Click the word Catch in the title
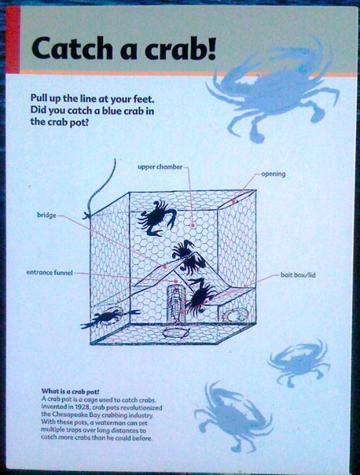click(x=72, y=48)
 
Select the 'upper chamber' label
click(x=160, y=167)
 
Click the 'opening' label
click(x=273, y=174)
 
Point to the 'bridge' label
click(x=46, y=215)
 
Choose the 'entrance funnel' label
click(x=50, y=273)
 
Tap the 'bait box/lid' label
click(x=298, y=275)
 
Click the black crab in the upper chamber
click(x=157, y=217)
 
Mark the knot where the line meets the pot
click(x=87, y=215)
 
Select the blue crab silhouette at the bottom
click(x=233, y=417)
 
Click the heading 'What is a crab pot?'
click(x=71, y=391)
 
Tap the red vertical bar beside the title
click(x=13, y=40)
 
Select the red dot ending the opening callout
click(x=233, y=201)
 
